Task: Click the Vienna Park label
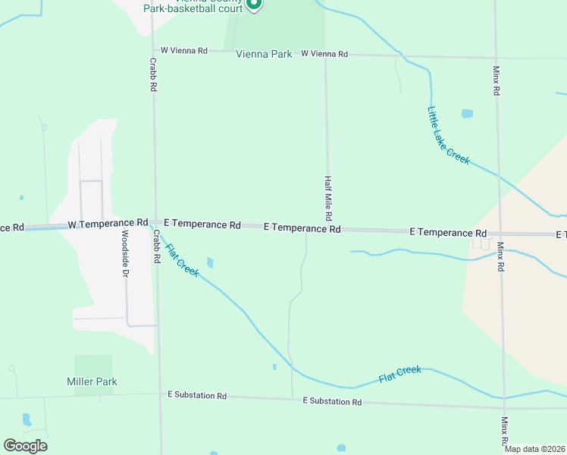pos(264,55)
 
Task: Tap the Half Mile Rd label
pos(328,198)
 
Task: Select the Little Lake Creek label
pos(448,136)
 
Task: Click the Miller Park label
pos(92,381)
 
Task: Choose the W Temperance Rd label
pos(108,224)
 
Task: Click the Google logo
pos(25,445)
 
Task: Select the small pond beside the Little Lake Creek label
pos(467,114)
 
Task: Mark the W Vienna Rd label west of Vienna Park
pos(183,51)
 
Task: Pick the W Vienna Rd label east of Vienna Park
pos(324,54)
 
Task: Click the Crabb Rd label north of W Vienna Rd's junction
pos(152,75)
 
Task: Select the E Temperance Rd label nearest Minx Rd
pos(448,232)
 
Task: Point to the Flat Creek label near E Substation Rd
pos(399,374)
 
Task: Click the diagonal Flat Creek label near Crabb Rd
pos(182,259)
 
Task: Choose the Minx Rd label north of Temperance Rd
pos(497,80)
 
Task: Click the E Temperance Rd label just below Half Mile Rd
pos(302,227)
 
